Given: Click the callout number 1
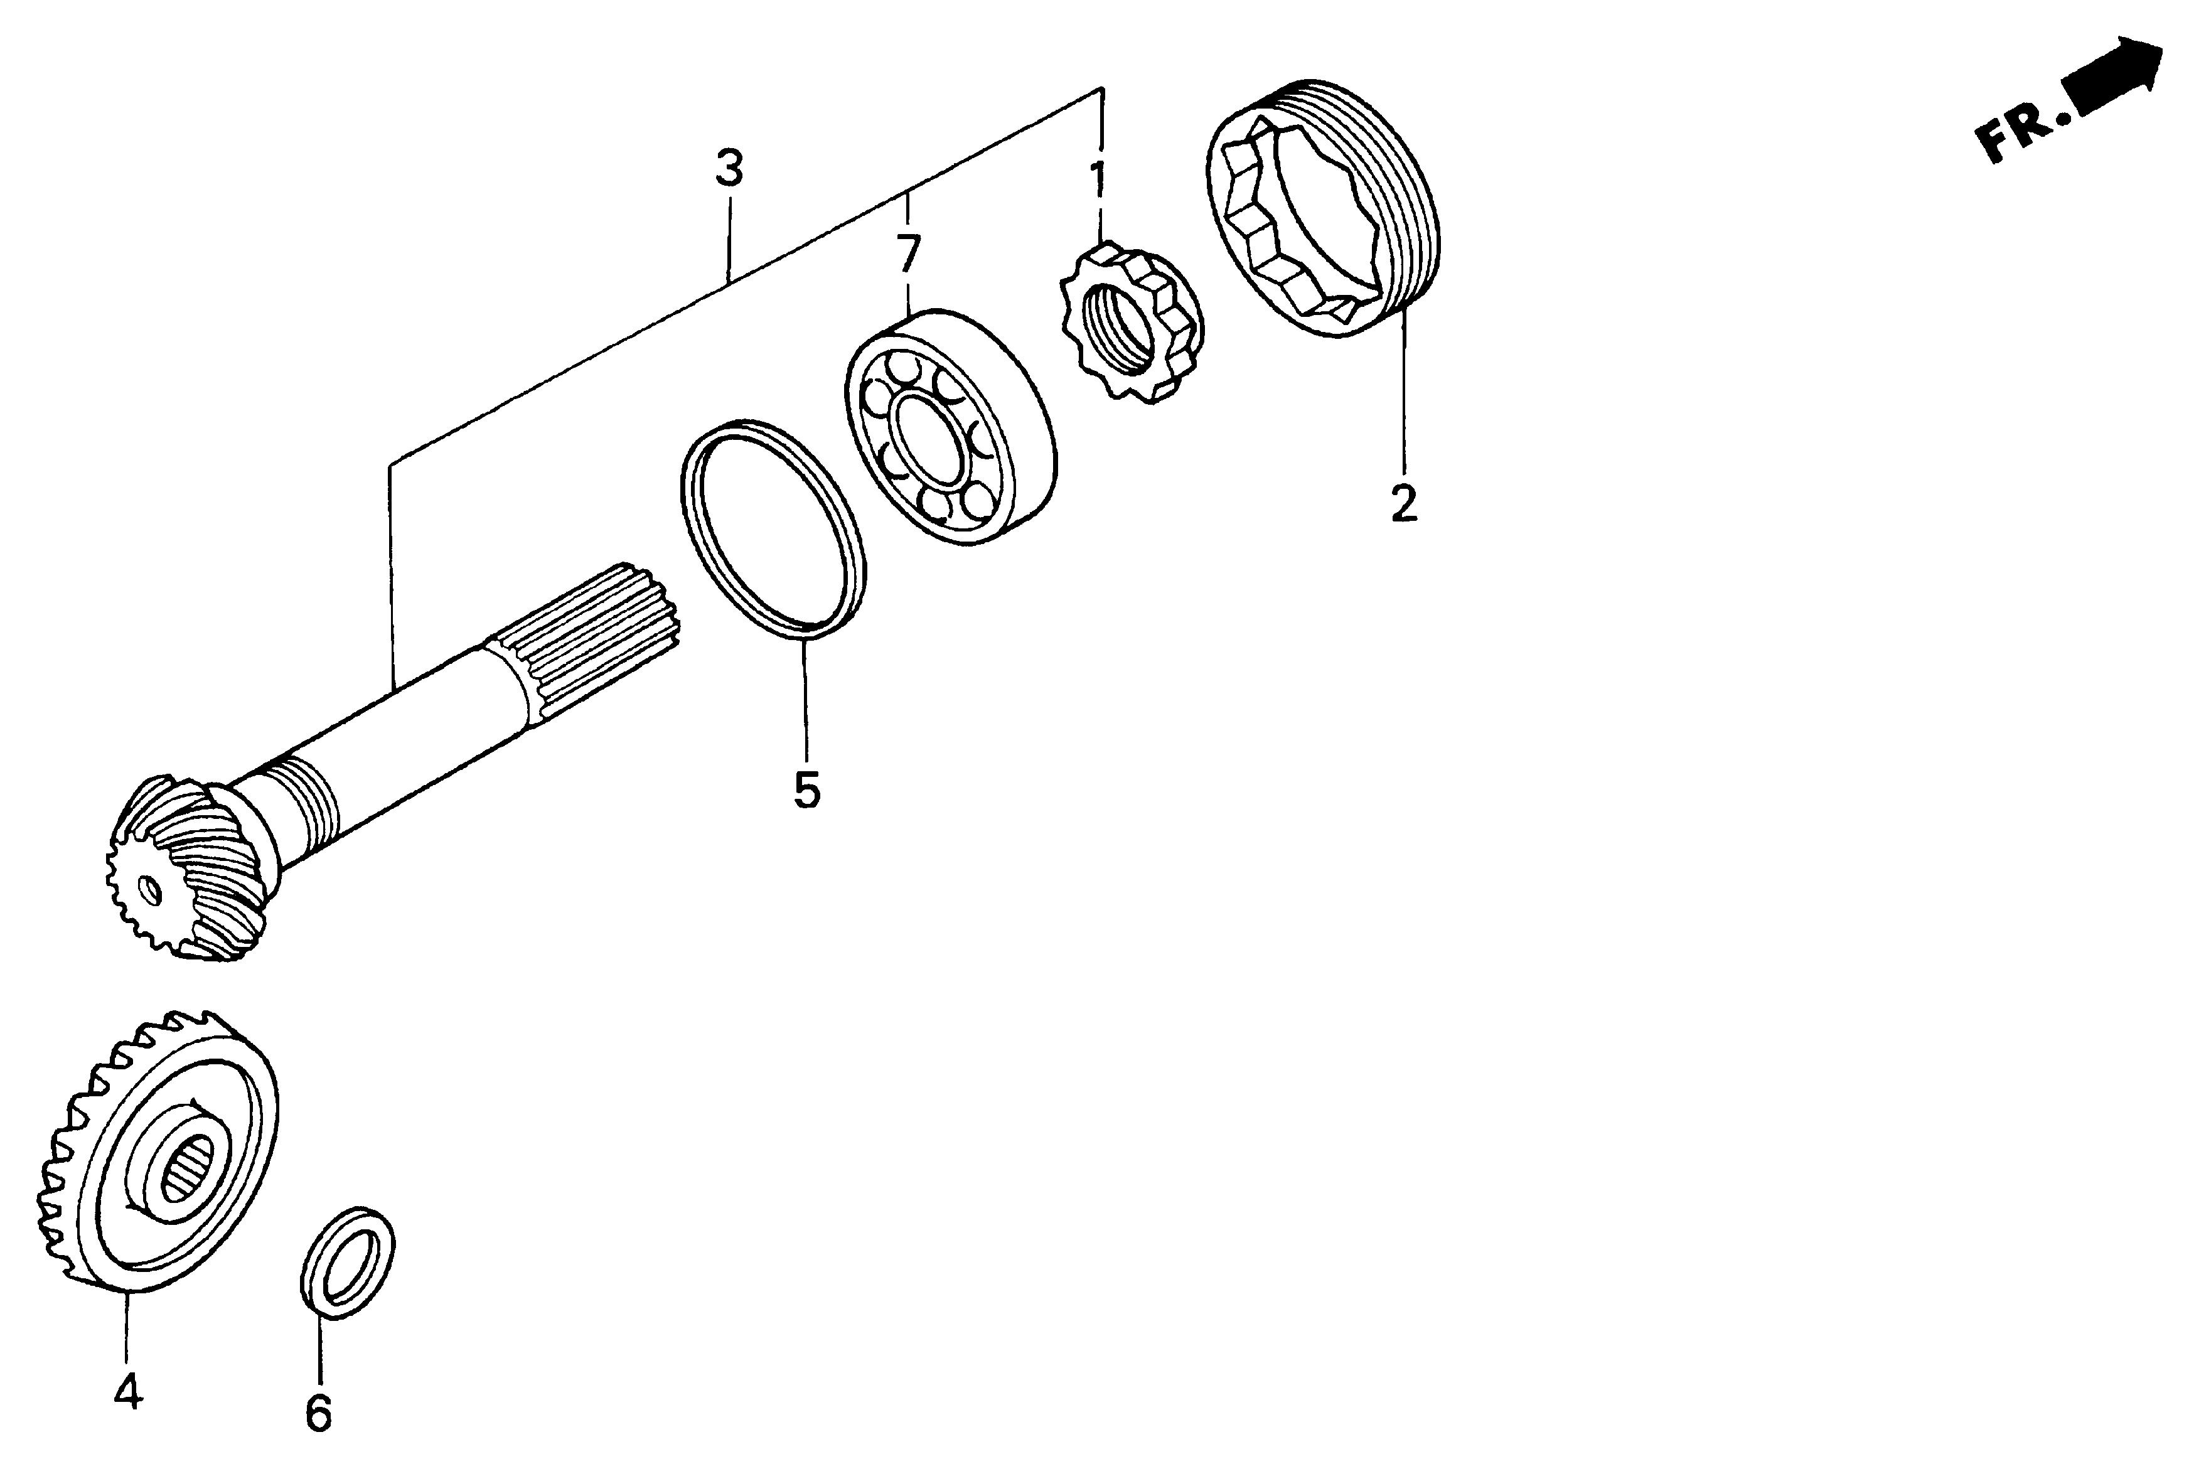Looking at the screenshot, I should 1099,180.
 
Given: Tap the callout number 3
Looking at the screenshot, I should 729,169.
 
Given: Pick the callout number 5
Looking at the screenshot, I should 806,790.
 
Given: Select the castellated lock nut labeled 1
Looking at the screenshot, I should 1132,322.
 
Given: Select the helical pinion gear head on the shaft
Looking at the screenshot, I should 186,873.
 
